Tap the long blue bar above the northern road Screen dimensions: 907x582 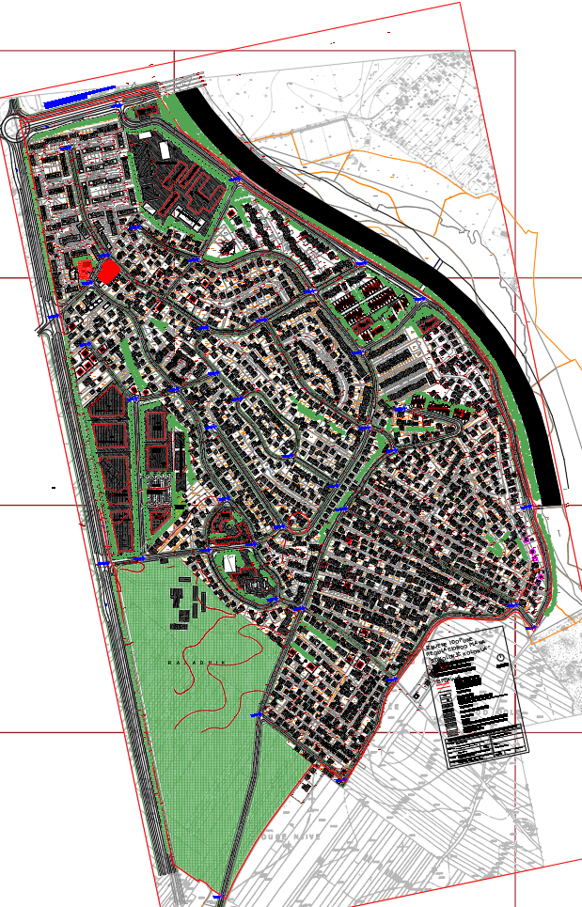click(79, 95)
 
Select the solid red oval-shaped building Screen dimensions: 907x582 click(109, 271)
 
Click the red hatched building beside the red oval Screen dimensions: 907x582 click(86, 272)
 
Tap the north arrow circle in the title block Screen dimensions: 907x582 click(499, 657)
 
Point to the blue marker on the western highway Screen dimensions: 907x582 click(54, 318)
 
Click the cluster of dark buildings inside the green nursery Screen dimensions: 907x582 click(184, 607)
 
